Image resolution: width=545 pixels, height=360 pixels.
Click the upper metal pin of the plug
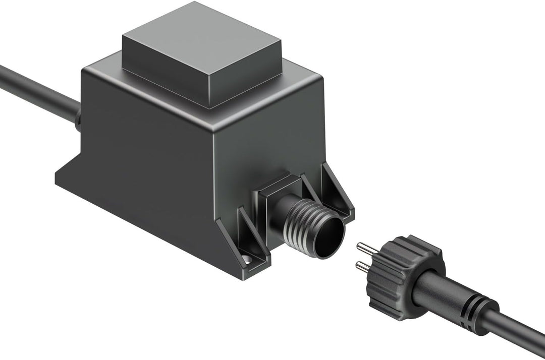(366, 249)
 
